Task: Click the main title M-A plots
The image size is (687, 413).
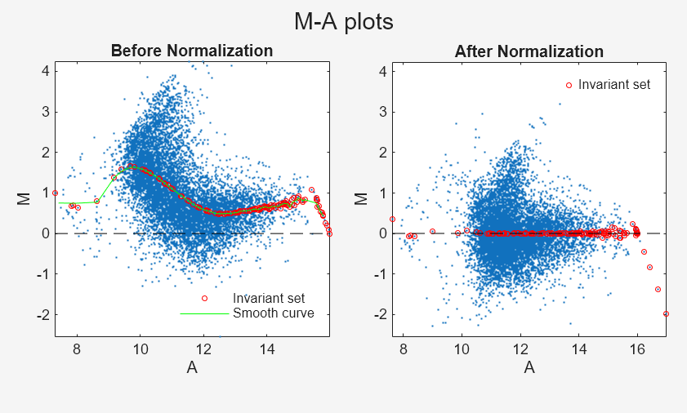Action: [x=343, y=22]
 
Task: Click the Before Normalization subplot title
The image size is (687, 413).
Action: [x=192, y=51]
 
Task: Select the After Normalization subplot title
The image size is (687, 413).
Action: [x=529, y=52]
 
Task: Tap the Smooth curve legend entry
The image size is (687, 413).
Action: [x=274, y=313]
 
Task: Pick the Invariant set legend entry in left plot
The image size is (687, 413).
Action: [x=268, y=298]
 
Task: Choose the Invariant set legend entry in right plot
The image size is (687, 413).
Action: [x=613, y=84]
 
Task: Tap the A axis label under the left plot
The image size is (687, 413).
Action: [x=192, y=368]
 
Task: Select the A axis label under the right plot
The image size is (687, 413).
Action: [x=529, y=368]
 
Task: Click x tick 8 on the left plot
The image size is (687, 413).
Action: [x=77, y=348]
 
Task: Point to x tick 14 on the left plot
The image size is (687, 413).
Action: [x=267, y=348]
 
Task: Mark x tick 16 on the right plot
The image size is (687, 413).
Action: [x=637, y=348]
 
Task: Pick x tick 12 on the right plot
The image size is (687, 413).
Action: [x=520, y=348]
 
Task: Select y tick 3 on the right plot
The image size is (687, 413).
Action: [x=384, y=112]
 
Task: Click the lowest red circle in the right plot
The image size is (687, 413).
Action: [x=666, y=313]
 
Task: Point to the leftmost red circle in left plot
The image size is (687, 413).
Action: [x=55, y=193]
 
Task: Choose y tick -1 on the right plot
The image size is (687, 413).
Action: [x=381, y=273]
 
